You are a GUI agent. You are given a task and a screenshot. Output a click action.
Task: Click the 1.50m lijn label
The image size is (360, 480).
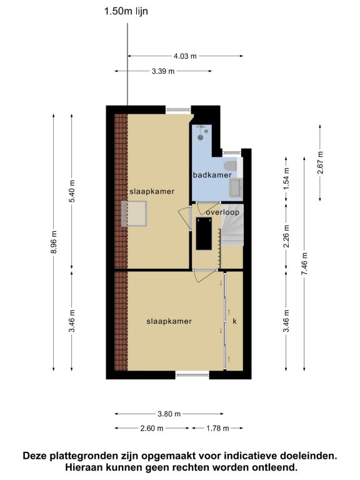coord(126,11)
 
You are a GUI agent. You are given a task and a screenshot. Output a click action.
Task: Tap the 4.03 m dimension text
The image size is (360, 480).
coord(185,56)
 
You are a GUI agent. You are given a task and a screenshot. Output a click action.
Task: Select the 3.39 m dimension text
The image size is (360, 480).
coord(163,71)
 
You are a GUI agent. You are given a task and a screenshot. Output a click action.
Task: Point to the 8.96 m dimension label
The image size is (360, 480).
coord(54,242)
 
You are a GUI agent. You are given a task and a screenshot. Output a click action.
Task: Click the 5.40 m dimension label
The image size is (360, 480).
coord(72,191)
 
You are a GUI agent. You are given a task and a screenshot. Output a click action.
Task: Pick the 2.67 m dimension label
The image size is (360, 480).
coord(320,163)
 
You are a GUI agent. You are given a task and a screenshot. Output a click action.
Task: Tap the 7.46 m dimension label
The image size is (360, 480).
coord(304,264)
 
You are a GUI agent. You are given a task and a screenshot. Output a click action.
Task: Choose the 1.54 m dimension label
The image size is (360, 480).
coord(286,179)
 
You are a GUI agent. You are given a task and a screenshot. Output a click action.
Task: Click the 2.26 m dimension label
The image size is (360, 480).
coord(286,237)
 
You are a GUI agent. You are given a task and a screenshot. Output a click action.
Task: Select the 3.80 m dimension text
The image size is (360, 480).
coord(169,414)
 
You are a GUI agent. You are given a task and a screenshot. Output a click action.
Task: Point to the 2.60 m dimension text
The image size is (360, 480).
coord(152,428)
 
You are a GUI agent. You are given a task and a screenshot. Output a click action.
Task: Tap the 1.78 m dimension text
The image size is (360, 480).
coord(217,428)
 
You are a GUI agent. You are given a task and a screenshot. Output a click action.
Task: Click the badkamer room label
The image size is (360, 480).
coord(212,175)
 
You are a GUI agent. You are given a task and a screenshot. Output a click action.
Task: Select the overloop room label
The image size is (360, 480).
coord(222,212)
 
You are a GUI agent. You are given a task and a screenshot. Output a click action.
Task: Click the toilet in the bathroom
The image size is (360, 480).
coord(231,166)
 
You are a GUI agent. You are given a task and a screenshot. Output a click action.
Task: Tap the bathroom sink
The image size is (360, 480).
coord(236,187)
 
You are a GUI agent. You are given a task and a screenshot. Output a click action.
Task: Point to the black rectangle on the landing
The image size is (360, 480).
coord(204,234)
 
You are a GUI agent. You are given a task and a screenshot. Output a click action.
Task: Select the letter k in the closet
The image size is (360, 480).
coord(235,321)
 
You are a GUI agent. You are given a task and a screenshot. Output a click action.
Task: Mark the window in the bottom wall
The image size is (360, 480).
coord(192,374)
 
